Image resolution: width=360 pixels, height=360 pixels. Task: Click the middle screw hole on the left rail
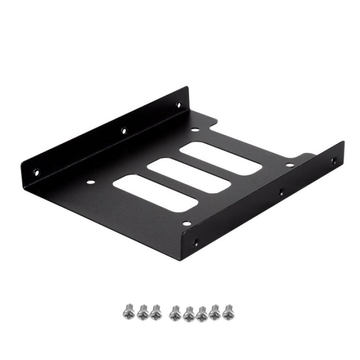(124, 131)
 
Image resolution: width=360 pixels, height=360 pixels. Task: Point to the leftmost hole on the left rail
(36, 171)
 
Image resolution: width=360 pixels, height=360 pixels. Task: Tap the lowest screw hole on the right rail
(196, 242)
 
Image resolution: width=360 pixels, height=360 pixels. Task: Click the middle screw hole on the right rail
(280, 192)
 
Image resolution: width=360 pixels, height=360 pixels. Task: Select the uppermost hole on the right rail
(333, 160)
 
